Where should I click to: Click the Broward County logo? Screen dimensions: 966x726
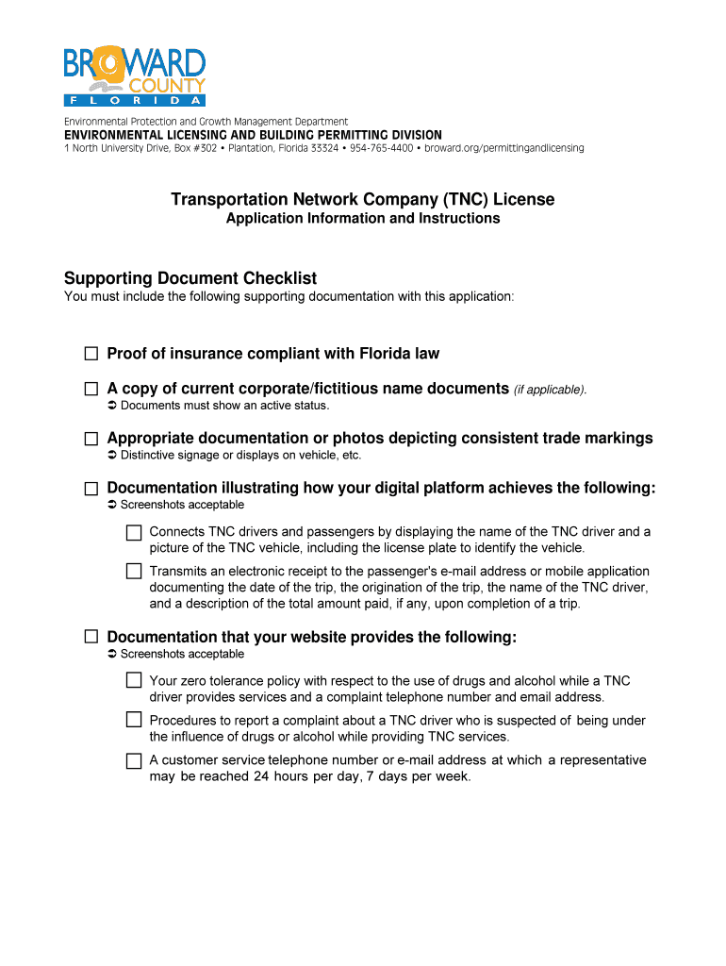[134, 75]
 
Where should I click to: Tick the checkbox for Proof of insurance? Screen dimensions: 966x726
[91, 354]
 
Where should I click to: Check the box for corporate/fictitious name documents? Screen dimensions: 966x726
[91, 389]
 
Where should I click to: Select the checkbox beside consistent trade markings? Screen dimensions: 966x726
[91, 439]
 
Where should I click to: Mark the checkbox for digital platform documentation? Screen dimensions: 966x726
[91, 489]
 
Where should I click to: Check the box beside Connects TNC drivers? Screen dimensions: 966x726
[134, 533]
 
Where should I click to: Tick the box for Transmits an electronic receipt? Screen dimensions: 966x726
[134, 571]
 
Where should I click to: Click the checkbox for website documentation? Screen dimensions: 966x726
[91, 637]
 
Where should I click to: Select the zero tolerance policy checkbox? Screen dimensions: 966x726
[134, 680]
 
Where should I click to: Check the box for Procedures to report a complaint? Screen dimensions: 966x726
[134, 720]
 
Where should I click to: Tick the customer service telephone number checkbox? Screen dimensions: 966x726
[134, 760]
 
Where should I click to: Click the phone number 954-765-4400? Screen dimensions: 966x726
[381, 148]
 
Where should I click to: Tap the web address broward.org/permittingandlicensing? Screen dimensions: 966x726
[503, 148]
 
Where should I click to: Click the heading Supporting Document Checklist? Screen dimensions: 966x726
[190, 278]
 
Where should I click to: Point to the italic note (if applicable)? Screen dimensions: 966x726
[550, 390]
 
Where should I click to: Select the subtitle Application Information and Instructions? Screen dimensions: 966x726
[363, 219]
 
